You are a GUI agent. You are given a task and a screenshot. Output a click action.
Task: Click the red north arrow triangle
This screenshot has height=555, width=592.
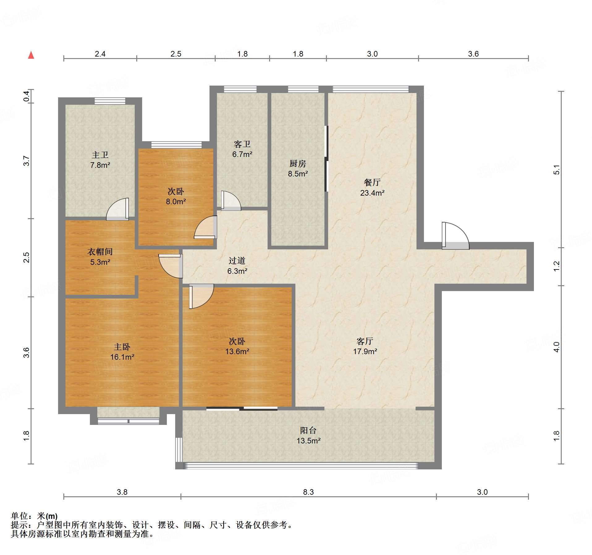pyautogui.click(x=31, y=55)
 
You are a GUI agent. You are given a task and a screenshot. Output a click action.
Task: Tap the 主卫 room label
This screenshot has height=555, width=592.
pyautogui.click(x=100, y=155)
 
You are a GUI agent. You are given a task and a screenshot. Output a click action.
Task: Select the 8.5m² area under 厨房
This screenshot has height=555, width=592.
pyautogui.click(x=298, y=174)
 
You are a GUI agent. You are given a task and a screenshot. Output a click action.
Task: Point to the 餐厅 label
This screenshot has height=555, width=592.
pyautogui.click(x=372, y=182)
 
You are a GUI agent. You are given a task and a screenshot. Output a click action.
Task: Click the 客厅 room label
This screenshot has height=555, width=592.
pyautogui.click(x=365, y=341)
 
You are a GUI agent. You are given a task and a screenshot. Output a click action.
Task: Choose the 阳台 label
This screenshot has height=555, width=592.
pyautogui.click(x=308, y=430)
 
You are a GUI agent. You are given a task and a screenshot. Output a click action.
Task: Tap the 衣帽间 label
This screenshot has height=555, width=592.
pyautogui.click(x=100, y=252)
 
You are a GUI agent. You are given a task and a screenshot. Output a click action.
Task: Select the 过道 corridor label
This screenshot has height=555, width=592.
pyautogui.click(x=237, y=261)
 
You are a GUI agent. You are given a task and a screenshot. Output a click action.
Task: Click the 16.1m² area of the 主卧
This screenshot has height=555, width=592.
pyautogui.click(x=122, y=357)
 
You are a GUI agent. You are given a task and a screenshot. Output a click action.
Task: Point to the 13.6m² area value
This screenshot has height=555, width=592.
pyautogui.click(x=237, y=351)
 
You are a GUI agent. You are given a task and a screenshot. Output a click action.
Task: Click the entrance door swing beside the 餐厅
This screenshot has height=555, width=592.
pyautogui.click(x=455, y=235)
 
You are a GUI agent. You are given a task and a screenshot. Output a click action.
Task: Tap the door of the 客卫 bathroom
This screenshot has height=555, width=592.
pyautogui.click(x=231, y=201)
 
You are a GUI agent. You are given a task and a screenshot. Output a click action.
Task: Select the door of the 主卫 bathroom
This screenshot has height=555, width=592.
pyautogui.click(x=117, y=209)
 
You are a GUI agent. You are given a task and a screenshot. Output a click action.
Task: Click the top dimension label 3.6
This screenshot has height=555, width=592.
pyautogui.click(x=473, y=54)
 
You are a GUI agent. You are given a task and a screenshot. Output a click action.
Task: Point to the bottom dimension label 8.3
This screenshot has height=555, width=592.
pyautogui.click(x=308, y=492)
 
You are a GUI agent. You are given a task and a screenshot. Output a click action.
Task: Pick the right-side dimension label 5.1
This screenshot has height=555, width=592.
pyautogui.click(x=556, y=170)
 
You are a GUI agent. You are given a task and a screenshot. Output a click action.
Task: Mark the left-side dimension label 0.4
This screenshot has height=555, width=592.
pyautogui.click(x=27, y=96)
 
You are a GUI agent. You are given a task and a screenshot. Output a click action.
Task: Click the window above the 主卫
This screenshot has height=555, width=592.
pyautogui.click(x=110, y=101)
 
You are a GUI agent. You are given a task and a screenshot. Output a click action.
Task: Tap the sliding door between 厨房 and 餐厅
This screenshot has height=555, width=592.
pyautogui.click(x=326, y=159)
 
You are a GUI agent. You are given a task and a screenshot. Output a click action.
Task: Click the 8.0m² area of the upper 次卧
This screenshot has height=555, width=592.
pyautogui.click(x=176, y=201)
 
